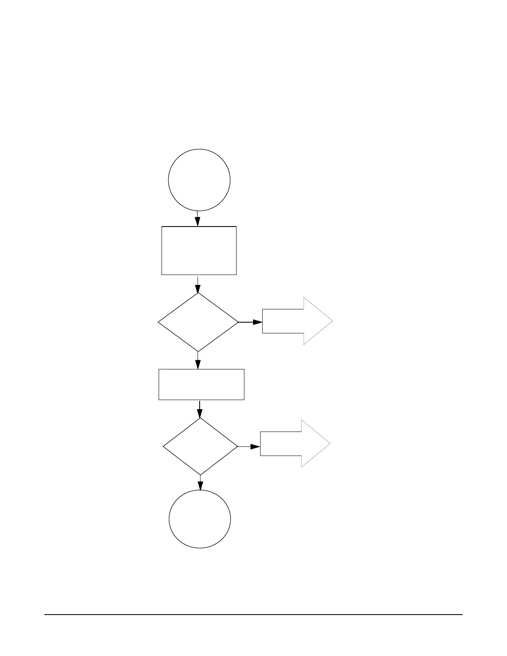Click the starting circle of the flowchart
(199, 180)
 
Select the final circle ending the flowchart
(200, 519)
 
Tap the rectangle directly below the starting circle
(199, 250)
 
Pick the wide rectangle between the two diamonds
(201, 384)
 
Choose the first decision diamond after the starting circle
(198, 322)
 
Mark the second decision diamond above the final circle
(200, 446)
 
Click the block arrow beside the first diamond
(297, 321)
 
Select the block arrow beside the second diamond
(295, 444)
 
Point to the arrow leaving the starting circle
(198, 219)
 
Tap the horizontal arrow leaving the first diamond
(250, 322)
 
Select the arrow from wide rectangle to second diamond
(200, 409)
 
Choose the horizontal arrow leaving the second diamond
(249, 446)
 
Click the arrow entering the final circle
(200, 483)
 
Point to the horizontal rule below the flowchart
(254, 614)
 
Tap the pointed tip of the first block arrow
(331, 321)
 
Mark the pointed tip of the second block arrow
(329, 444)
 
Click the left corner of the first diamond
(159, 322)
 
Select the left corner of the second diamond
(164, 446)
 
